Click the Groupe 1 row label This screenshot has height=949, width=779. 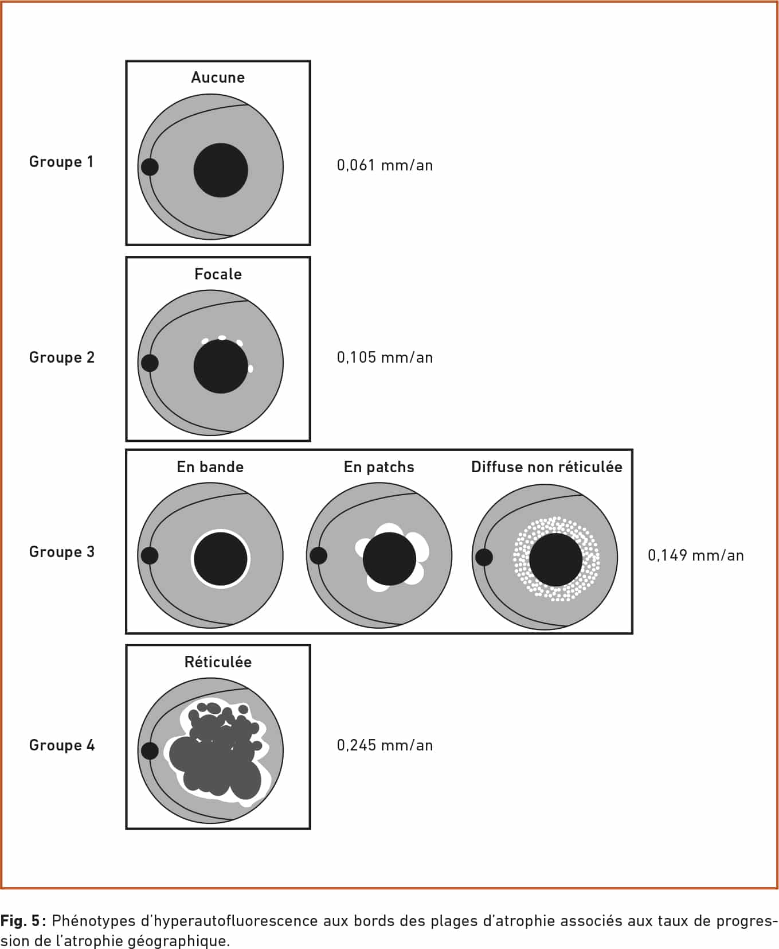click(x=61, y=162)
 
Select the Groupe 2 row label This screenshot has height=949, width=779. click(x=62, y=357)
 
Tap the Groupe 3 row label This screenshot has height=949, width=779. click(x=62, y=552)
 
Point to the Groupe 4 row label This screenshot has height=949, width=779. click(x=62, y=745)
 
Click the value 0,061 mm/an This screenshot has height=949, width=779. click(x=385, y=165)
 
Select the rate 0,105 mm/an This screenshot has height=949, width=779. click(x=385, y=357)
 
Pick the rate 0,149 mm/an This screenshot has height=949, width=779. click(x=696, y=555)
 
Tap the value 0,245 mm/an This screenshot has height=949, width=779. click(x=385, y=745)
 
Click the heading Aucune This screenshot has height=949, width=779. click(x=218, y=77)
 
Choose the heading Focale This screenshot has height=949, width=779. click(x=218, y=274)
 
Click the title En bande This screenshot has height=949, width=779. click(x=210, y=467)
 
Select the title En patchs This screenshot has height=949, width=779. click(x=379, y=467)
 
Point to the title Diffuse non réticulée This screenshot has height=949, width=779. click(x=546, y=467)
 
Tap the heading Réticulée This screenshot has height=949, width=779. click(x=218, y=662)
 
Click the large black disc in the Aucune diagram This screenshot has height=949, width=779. click(x=221, y=170)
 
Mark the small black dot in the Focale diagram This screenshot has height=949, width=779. click(x=150, y=363)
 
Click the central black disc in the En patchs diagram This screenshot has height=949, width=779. click(x=389, y=559)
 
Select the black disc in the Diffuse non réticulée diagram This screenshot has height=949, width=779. click(x=555, y=559)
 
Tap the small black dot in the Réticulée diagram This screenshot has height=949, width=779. click(x=150, y=750)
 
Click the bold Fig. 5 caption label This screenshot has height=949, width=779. click(x=21, y=921)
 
